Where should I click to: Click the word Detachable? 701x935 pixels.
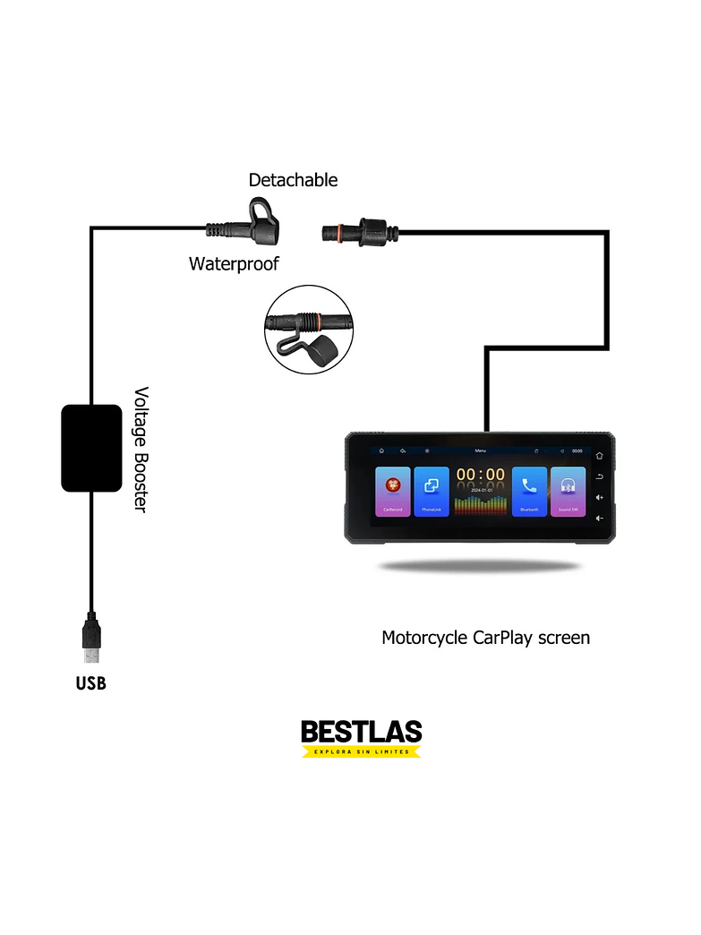293,180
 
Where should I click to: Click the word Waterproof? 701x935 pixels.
234,263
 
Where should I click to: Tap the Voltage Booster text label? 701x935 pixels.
141,450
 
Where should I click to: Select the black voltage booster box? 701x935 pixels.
91,448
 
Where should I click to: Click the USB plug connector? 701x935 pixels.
91,635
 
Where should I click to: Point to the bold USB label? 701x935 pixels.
91,683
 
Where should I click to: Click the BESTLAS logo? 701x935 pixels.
361,732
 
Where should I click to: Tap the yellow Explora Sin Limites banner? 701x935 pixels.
361,751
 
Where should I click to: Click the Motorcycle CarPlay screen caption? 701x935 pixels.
485,638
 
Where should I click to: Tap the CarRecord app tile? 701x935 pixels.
393,492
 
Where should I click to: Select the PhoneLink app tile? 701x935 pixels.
432,492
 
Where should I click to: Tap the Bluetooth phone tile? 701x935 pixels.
529,492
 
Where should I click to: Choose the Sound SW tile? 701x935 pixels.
568,492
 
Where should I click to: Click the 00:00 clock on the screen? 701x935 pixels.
481,476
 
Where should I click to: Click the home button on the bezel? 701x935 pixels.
599,456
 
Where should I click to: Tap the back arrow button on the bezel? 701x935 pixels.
599,476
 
